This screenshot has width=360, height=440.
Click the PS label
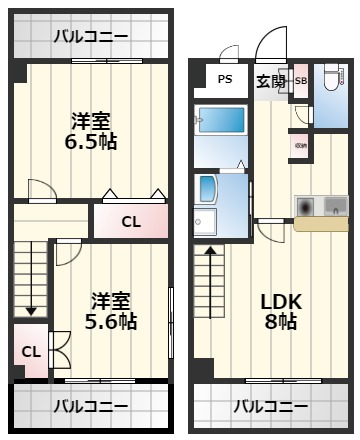[225, 80]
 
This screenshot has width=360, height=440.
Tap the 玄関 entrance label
[269, 81]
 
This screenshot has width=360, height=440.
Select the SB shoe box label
[301, 81]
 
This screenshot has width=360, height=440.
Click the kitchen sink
[334, 205]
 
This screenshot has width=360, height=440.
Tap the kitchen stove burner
[306, 205]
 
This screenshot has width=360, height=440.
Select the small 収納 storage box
[300, 146]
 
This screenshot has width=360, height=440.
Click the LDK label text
[281, 301]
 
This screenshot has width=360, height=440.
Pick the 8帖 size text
[281, 321]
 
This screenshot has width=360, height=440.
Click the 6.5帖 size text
[90, 142]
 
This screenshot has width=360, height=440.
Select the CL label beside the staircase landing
[130, 221]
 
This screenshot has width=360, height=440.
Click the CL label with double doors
[30, 351]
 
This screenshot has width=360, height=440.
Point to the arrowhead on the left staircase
[31, 310]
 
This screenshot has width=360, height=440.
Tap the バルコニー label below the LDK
[271, 406]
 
